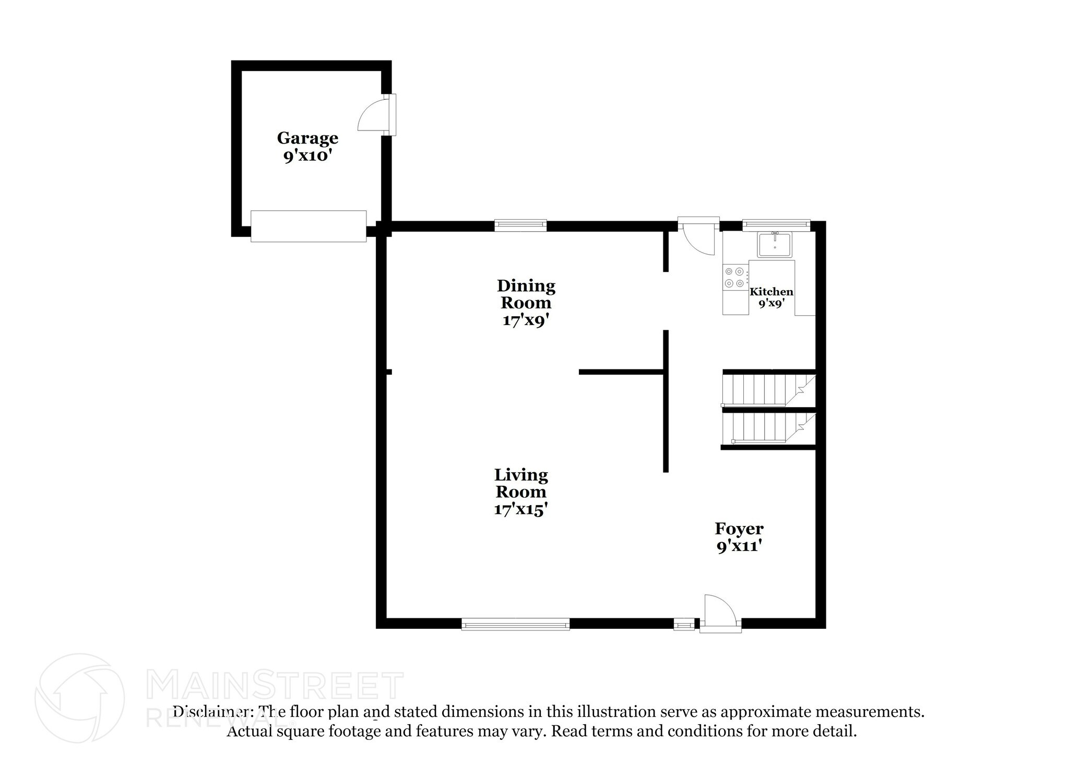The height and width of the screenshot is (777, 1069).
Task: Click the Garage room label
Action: pyautogui.click(x=307, y=138)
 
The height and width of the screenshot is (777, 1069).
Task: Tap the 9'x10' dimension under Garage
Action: pyautogui.click(x=307, y=156)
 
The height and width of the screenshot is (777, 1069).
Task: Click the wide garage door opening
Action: pyautogui.click(x=308, y=226)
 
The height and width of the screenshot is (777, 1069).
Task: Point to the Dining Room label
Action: pyautogui.click(x=526, y=294)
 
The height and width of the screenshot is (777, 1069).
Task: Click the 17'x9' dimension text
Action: pyautogui.click(x=526, y=320)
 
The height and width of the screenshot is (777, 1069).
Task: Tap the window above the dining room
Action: pyautogui.click(x=520, y=225)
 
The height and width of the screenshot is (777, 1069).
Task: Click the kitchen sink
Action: pyautogui.click(x=775, y=244)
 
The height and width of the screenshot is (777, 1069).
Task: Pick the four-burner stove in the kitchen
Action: pyautogui.click(x=734, y=277)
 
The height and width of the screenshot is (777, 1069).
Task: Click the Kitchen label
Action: pyautogui.click(x=771, y=292)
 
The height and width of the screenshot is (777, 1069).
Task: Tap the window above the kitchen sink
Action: pyautogui.click(x=776, y=224)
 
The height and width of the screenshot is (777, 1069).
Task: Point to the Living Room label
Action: pyautogui.click(x=521, y=483)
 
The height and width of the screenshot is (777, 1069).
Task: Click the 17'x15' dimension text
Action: pyautogui.click(x=520, y=509)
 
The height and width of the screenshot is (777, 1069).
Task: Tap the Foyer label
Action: pyautogui.click(x=739, y=529)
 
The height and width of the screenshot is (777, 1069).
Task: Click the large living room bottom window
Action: pyautogui.click(x=515, y=624)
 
